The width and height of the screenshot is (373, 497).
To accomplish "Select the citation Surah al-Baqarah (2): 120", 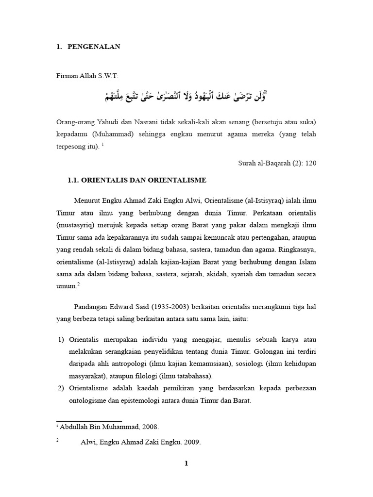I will [x=278, y=163].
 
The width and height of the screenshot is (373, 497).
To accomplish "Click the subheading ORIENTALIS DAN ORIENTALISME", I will [x=137, y=180].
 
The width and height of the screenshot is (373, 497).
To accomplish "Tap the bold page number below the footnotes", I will [x=186, y=464].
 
